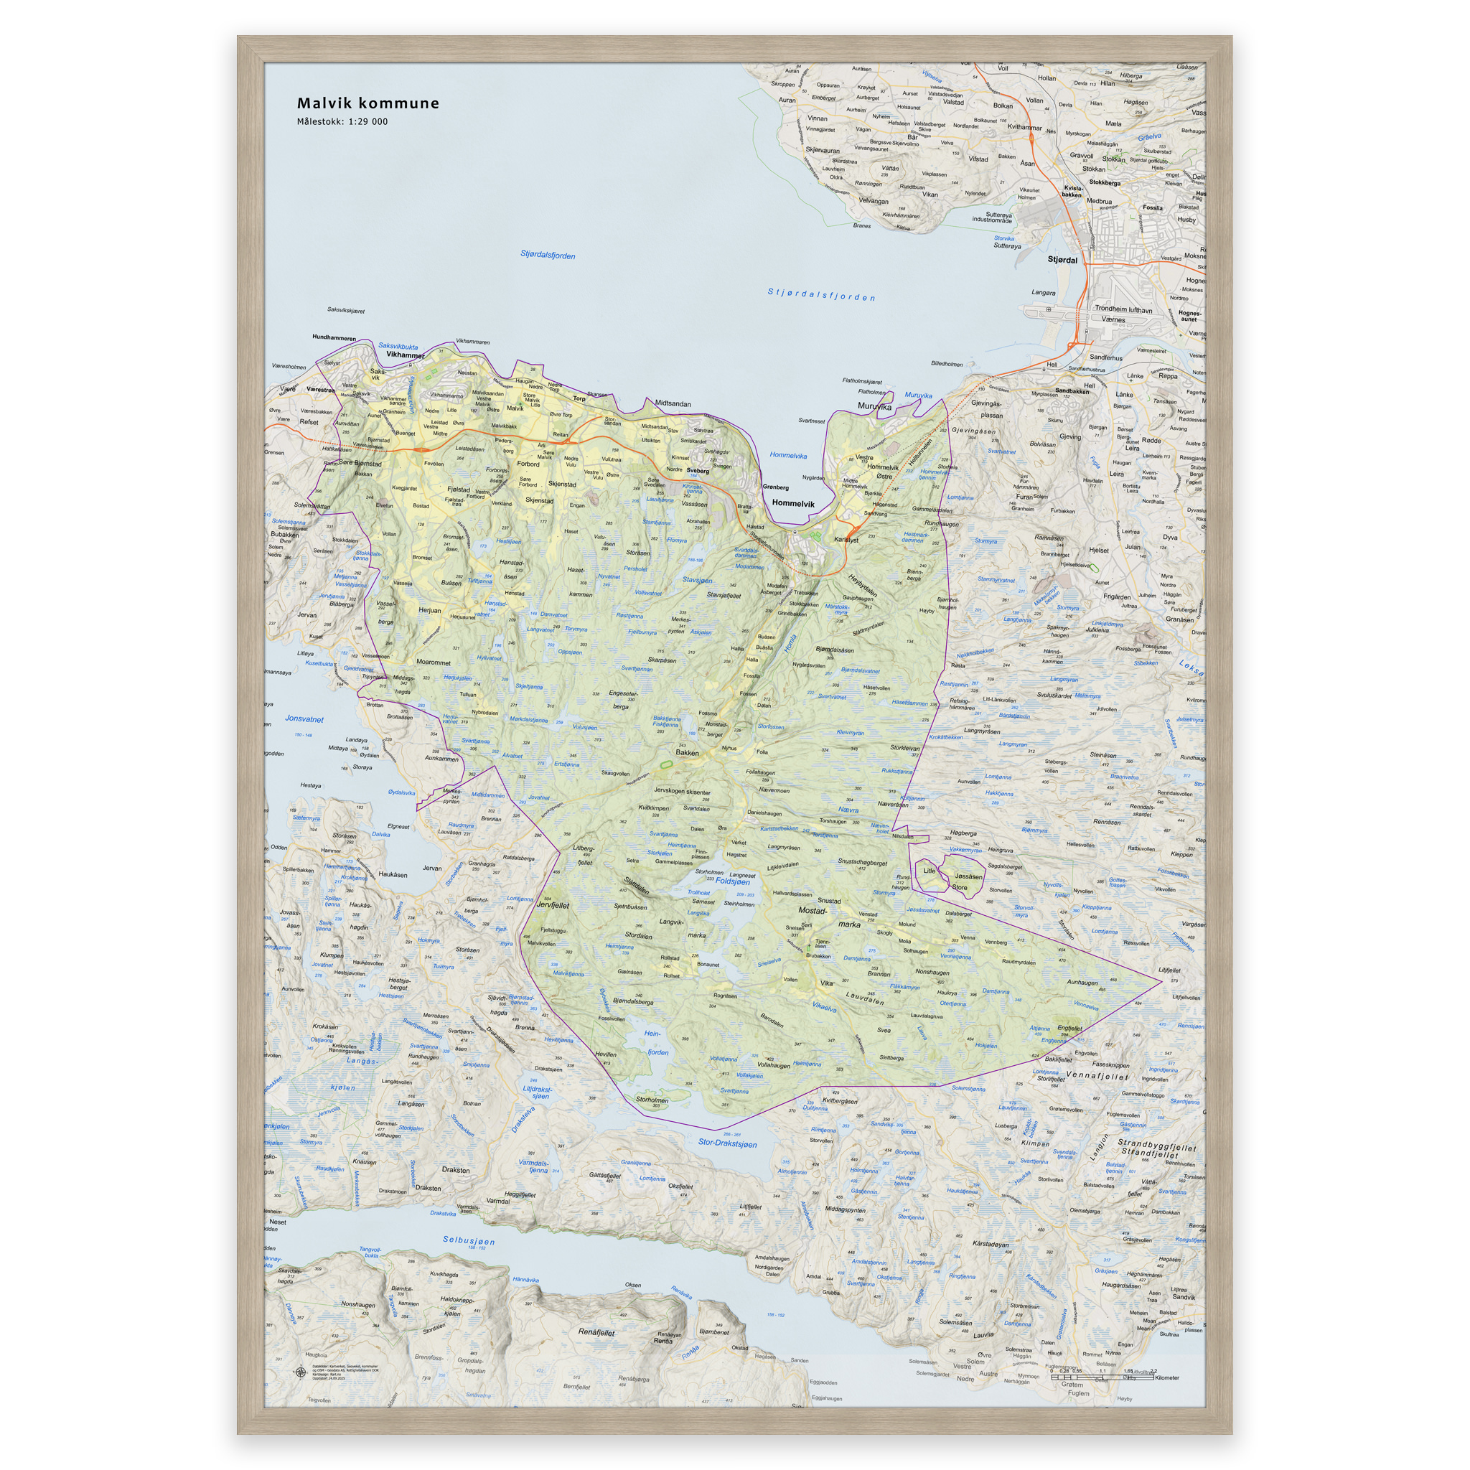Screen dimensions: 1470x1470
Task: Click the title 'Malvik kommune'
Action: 367,103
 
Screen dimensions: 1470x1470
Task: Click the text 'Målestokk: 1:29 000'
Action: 342,122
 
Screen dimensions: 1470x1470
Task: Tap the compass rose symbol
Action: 299,1372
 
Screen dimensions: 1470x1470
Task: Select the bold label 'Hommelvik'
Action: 793,503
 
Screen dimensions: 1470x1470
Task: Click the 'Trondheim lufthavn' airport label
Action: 1123,309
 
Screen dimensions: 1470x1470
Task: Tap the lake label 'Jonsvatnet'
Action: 304,718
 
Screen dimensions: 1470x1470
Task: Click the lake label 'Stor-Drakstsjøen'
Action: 727,1143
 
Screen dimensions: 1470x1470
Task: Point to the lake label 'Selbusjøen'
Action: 469,1241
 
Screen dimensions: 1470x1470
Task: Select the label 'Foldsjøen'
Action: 732,882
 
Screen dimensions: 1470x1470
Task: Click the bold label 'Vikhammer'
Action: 405,355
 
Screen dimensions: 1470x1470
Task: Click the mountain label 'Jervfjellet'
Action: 553,905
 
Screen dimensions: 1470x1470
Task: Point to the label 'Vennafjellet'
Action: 1097,1077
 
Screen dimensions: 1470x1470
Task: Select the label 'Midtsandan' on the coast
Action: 673,403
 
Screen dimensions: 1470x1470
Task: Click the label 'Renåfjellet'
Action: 596,1332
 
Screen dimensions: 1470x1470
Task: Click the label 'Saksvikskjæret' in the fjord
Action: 345,310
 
